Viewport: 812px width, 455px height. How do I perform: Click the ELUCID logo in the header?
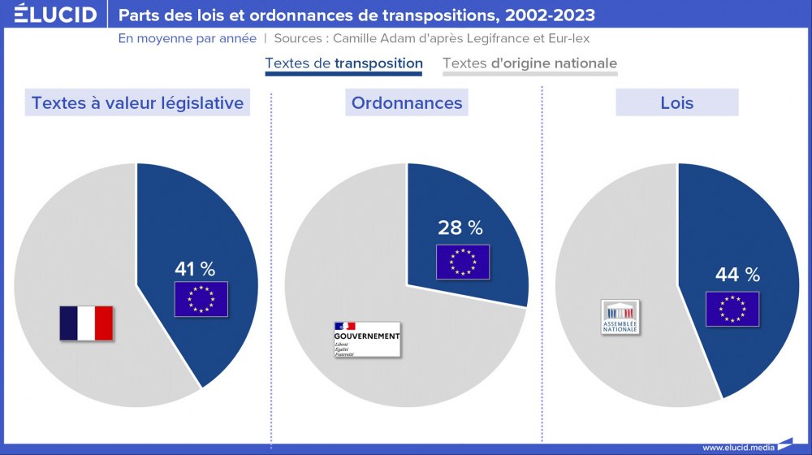point(54,15)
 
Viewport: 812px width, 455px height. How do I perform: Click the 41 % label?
point(195,269)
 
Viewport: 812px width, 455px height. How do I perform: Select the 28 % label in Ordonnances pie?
point(460,227)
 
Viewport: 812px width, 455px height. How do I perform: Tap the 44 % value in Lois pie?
point(737,275)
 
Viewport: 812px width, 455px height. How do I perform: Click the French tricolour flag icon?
point(86,323)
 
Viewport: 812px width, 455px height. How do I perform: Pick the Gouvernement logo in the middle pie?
point(366,340)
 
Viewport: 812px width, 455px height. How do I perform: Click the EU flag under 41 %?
point(201,299)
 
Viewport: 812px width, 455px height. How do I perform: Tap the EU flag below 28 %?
point(463,262)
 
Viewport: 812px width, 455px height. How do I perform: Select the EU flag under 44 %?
point(732,309)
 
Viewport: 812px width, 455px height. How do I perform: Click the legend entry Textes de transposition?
point(343,63)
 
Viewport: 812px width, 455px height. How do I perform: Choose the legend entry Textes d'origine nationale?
point(529,63)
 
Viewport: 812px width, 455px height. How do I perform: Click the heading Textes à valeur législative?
point(137,103)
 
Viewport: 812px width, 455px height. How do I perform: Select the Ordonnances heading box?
point(407,103)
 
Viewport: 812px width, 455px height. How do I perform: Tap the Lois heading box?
point(676,103)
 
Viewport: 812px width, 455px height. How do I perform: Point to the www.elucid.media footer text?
point(736,447)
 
